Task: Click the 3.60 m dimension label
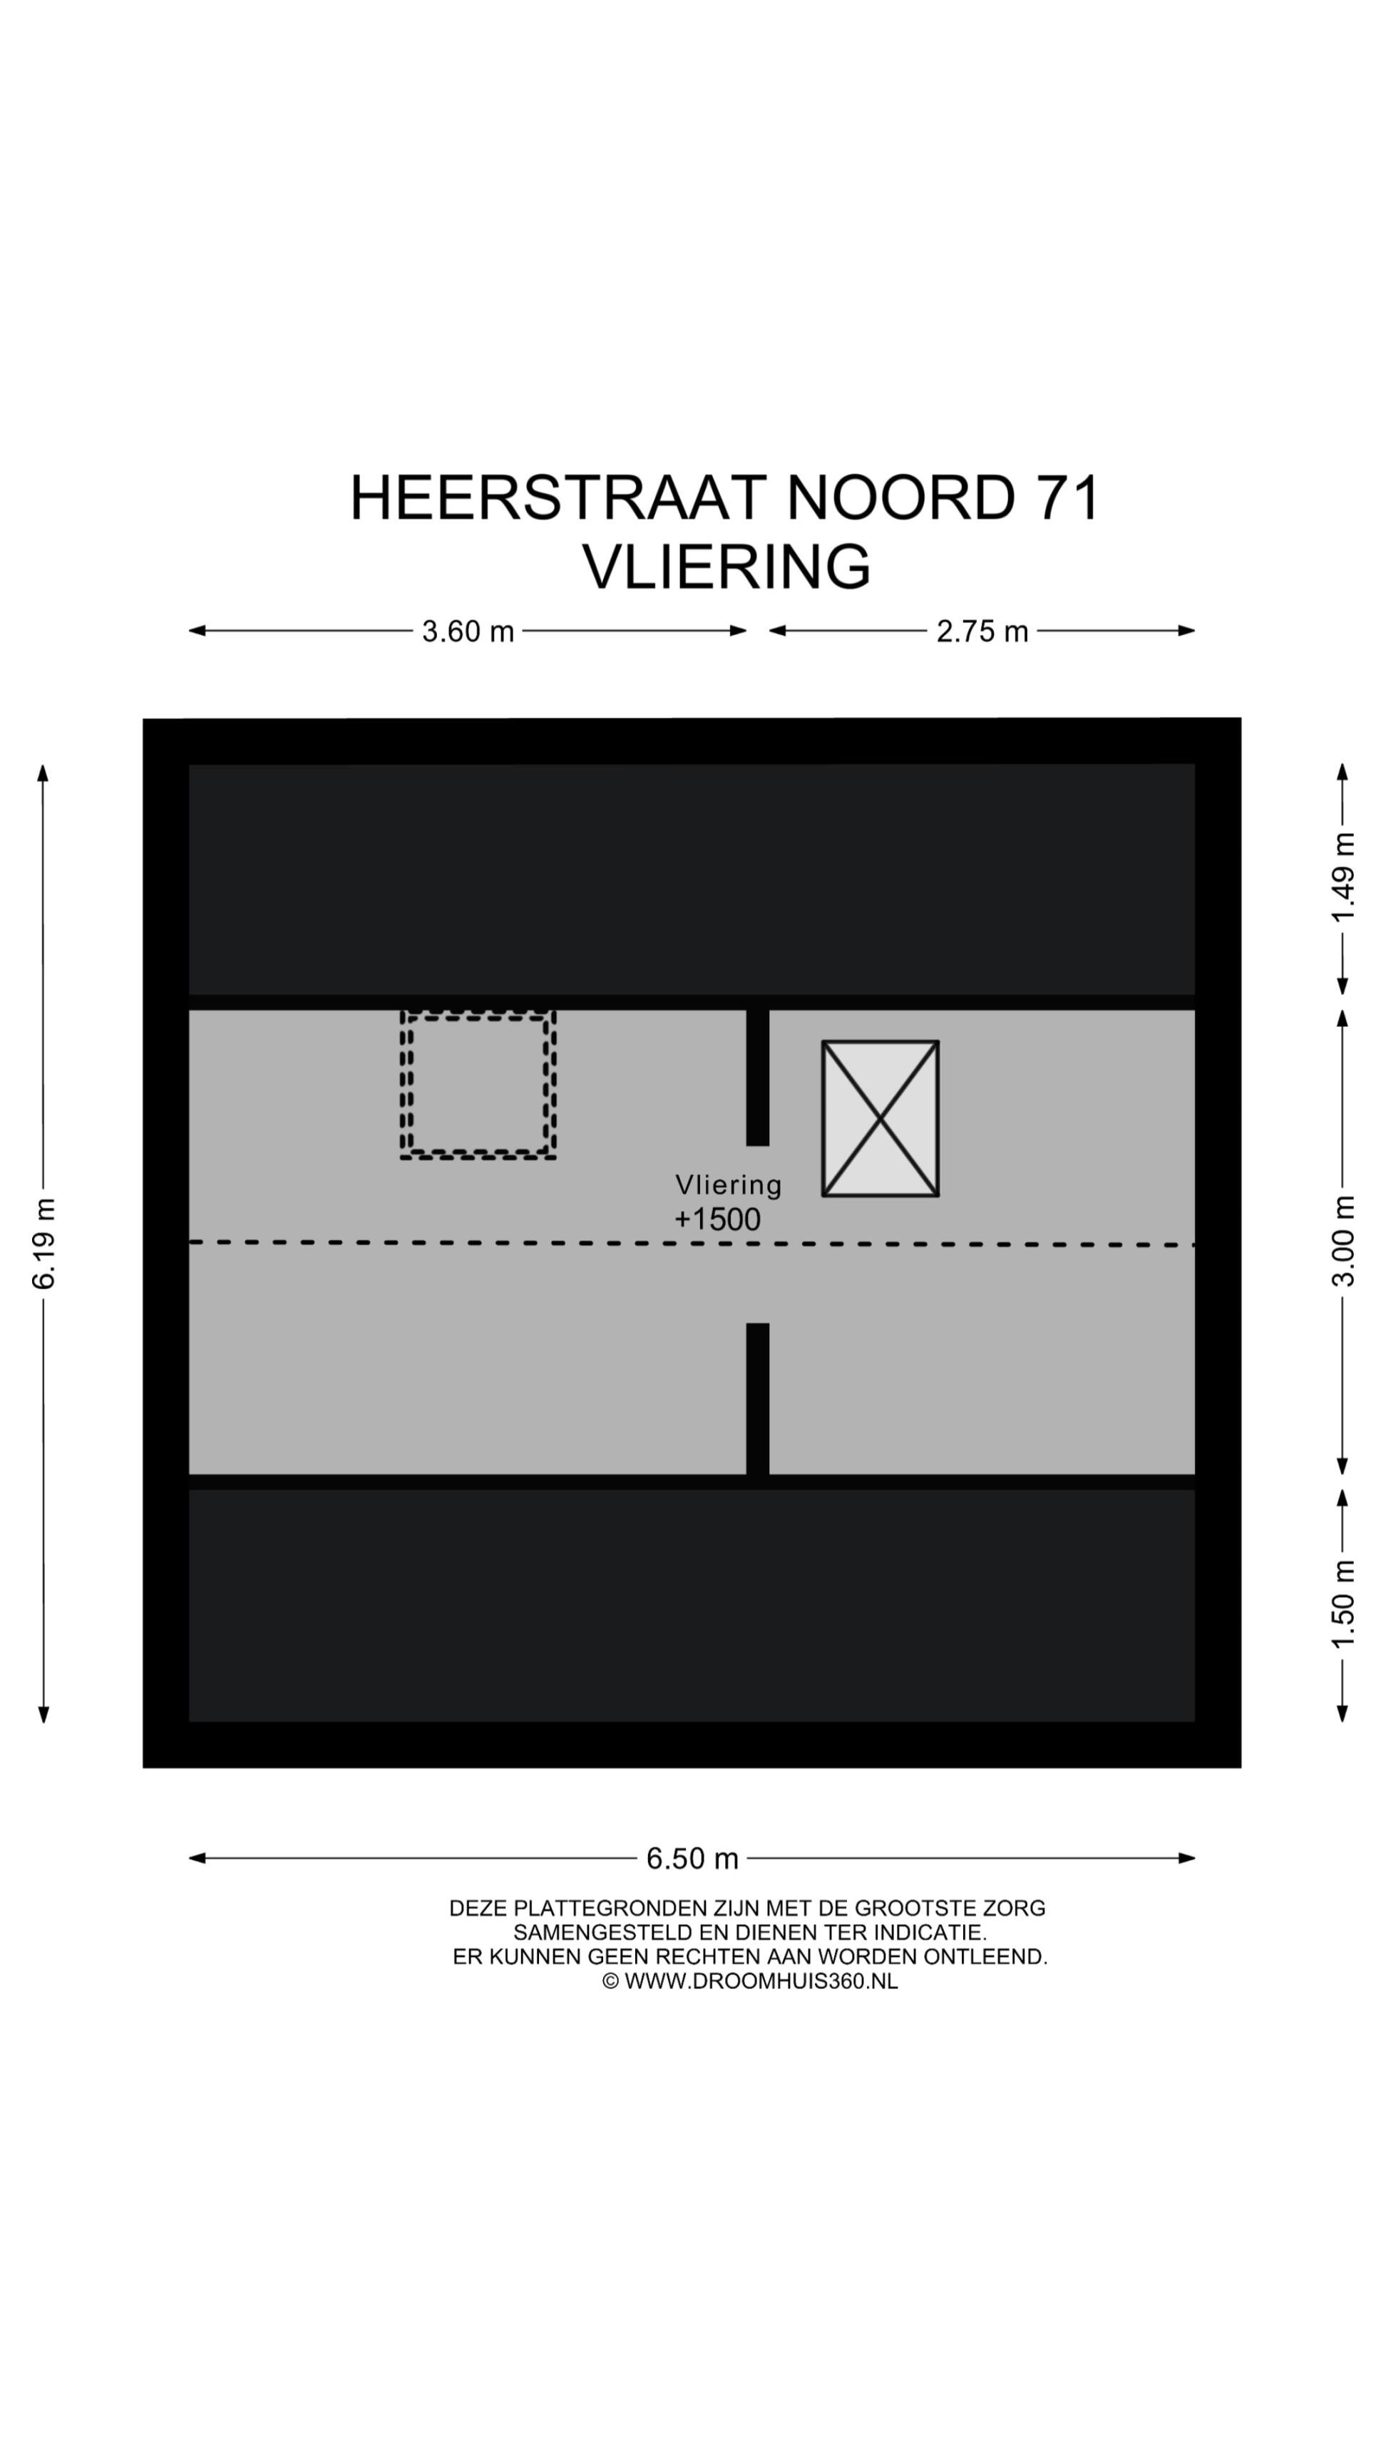468,631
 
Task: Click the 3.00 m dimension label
1343,1241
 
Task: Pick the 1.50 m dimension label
1343,1604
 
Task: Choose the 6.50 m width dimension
692,1858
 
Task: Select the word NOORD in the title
900,498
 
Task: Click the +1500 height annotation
717,1219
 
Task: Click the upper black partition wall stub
758,1077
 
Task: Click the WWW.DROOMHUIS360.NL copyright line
750,1981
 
